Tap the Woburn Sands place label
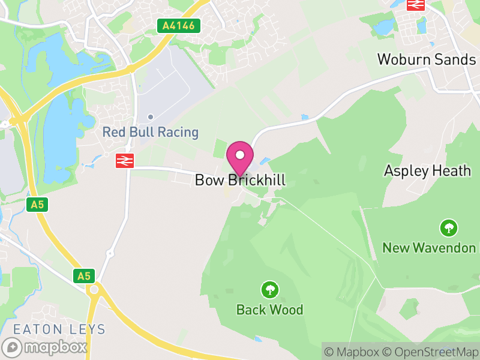[427, 59]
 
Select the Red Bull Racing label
[150, 132]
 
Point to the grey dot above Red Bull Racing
[151, 116]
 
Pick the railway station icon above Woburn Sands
[416, 5]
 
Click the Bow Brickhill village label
[240, 180]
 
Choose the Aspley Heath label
[427, 171]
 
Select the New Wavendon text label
[429, 248]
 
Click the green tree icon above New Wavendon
[448, 228]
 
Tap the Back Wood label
[269, 310]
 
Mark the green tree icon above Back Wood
[270, 290]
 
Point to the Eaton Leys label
[59, 329]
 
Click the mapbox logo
[46, 347]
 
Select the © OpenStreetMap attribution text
[431, 352]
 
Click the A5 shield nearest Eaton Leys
[84, 276]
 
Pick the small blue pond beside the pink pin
[265, 161]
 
